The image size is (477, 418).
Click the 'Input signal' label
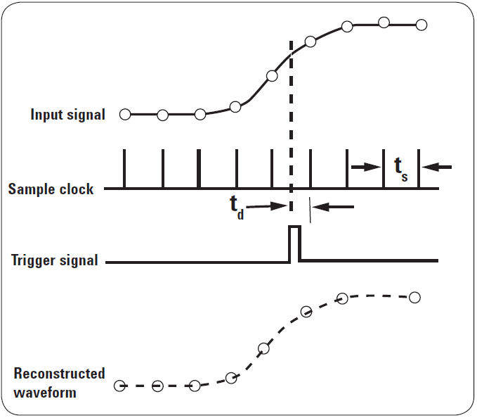click(x=67, y=115)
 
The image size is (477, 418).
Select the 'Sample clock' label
click(x=51, y=189)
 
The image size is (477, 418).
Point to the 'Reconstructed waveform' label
click(x=59, y=383)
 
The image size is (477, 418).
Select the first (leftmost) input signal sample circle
click(x=125, y=115)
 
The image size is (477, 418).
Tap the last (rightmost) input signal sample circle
click(x=422, y=25)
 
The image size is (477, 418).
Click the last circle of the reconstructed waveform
click(x=414, y=297)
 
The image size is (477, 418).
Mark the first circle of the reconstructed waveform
click(x=120, y=385)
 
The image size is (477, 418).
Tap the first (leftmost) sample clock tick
click(x=125, y=169)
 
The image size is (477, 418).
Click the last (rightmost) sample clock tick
click(x=419, y=169)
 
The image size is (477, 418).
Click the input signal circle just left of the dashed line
click(x=272, y=76)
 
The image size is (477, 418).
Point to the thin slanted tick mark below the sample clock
click(x=309, y=205)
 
